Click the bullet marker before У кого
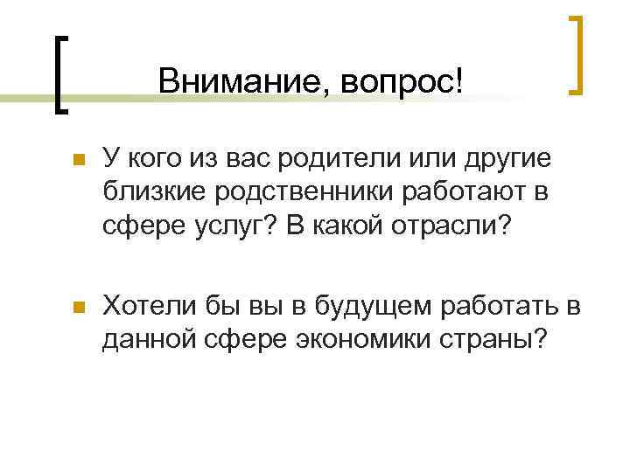(x=77, y=161)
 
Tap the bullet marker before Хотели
(x=77, y=307)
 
